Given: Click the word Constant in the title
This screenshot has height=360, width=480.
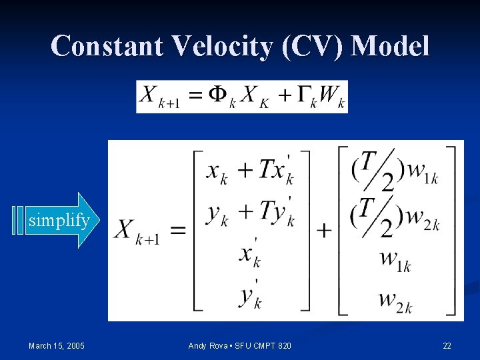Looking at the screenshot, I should click(x=106, y=46).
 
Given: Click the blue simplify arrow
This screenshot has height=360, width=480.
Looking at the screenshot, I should click(x=57, y=221).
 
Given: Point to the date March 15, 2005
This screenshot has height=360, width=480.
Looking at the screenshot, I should click(x=57, y=345).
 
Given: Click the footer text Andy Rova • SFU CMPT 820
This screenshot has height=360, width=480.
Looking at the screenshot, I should click(x=239, y=345).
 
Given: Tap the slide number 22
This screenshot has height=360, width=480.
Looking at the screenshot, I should click(x=447, y=345).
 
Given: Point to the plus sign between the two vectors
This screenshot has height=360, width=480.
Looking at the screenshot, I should click(x=324, y=231).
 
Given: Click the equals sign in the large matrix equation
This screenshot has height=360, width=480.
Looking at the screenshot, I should click(x=177, y=231).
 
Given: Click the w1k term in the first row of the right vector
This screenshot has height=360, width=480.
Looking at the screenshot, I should click(x=421, y=174).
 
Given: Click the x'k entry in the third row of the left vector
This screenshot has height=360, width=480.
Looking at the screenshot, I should click(x=251, y=255).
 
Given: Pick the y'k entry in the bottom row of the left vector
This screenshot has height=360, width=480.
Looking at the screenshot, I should click(x=251, y=294).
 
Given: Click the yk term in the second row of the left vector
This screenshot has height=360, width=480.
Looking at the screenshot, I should click(x=217, y=214).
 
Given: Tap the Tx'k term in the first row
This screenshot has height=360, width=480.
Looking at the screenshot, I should click(x=276, y=171).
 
